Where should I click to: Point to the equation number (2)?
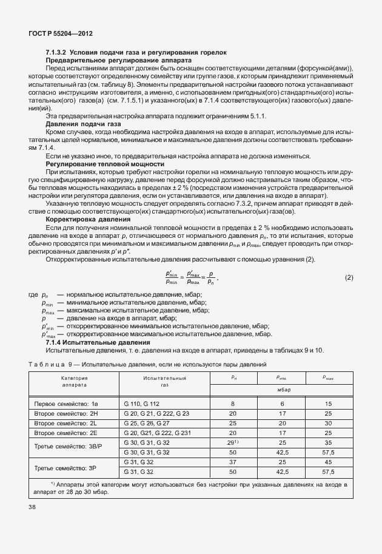pos(349,277)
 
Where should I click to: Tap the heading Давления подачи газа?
pos(79,123)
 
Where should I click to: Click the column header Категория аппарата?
pos(74,381)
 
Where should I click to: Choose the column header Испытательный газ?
pos(164,381)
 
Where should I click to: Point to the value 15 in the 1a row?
pos(328,403)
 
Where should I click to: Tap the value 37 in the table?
pos(233,462)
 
